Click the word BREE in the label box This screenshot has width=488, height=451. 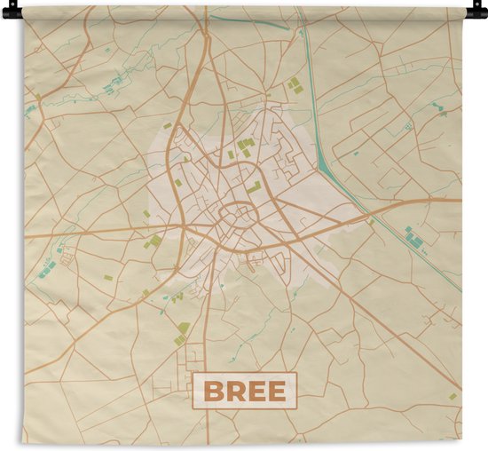244,391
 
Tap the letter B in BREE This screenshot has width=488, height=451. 213,391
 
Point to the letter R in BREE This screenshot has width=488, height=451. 234,391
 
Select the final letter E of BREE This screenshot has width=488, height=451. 276,391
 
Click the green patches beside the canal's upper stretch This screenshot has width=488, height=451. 293,83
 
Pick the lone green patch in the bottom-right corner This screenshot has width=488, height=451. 452,396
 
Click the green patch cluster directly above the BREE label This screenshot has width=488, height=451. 182,333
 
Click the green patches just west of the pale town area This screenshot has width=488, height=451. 153,241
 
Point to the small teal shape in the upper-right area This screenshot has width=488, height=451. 438,110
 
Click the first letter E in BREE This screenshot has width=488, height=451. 256,391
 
